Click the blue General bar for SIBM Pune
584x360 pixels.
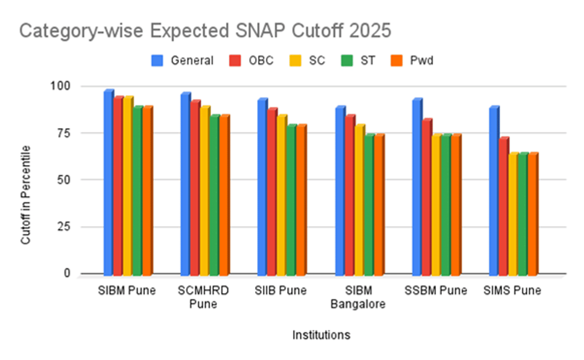click(x=108, y=182)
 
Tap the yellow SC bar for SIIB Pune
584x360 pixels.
click(x=282, y=195)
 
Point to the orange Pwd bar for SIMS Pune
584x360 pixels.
click(x=532, y=214)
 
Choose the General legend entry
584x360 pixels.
click(x=182, y=60)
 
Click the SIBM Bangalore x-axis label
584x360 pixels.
click(x=358, y=298)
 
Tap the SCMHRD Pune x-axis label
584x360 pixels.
click(x=204, y=298)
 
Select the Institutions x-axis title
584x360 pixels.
click(x=321, y=335)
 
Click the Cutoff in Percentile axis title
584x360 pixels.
click(x=25, y=195)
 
